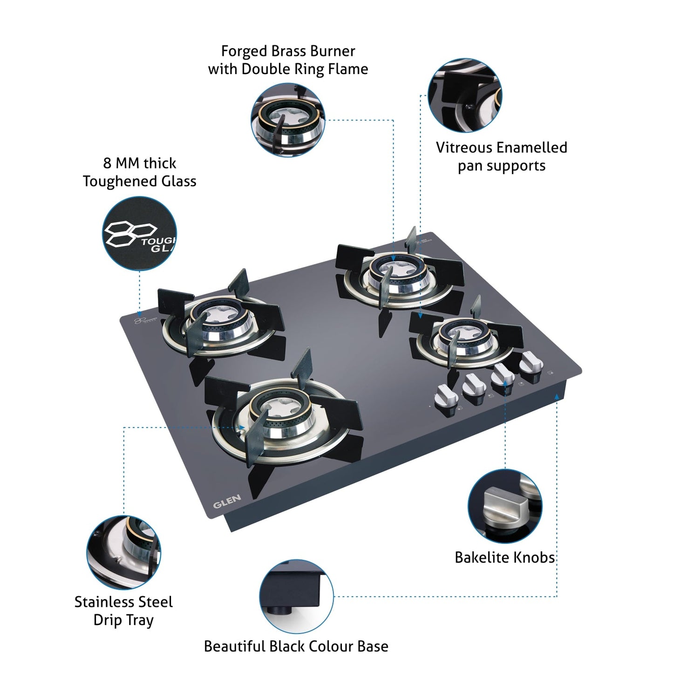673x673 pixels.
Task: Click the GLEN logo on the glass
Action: [227, 501]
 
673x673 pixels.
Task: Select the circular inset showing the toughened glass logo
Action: [139, 233]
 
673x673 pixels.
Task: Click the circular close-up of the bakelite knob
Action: [505, 506]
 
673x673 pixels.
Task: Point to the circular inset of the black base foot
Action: [296, 597]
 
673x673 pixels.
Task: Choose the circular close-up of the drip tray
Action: [124, 552]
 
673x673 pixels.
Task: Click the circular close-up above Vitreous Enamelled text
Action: [465, 95]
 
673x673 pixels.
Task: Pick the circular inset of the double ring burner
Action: [288, 120]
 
